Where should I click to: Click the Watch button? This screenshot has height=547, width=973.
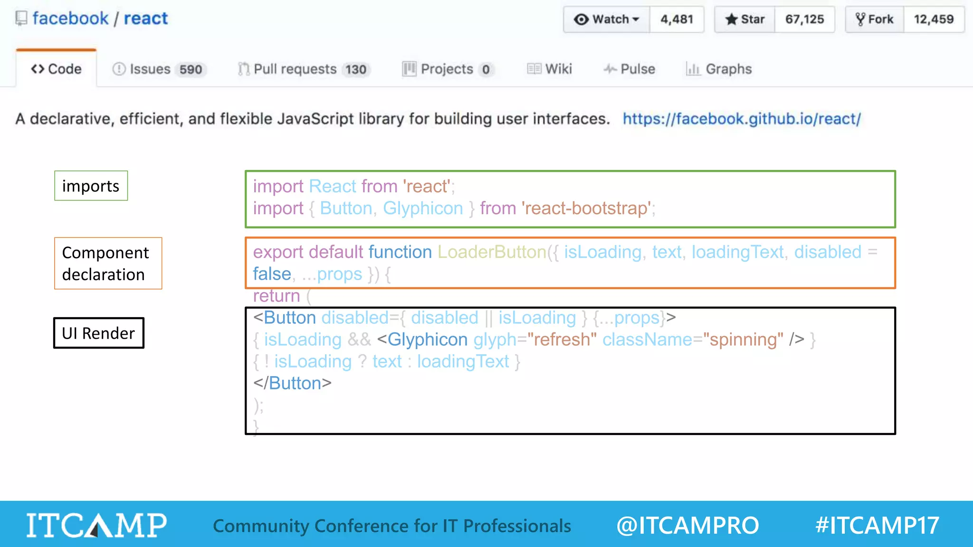point(607,19)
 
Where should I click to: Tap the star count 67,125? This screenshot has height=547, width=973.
point(804,19)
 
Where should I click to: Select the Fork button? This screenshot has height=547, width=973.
point(875,19)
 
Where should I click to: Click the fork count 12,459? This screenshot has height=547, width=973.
point(934,19)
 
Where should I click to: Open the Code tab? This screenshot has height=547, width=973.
point(57,69)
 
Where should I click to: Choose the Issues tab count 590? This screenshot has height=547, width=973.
point(191,70)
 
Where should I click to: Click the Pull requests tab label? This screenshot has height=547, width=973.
point(295,69)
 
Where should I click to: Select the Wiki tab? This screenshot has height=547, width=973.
point(550,69)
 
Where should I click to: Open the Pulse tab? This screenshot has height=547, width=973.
point(630,69)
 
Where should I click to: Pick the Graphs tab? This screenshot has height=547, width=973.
point(719,69)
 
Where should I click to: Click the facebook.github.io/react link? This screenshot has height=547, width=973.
point(742,119)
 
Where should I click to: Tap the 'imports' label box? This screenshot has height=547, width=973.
point(91,186)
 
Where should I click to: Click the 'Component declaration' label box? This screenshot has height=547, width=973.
point(108,263)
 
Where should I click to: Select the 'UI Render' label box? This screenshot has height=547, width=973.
point(98,333)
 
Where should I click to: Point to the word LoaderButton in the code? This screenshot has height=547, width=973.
point(492,252)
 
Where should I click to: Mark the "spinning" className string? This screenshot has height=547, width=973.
point(743,340)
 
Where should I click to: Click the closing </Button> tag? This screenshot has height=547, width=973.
point(292,383)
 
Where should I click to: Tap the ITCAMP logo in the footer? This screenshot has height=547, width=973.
point(96,525)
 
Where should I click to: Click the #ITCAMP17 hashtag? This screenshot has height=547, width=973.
point(877,525)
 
